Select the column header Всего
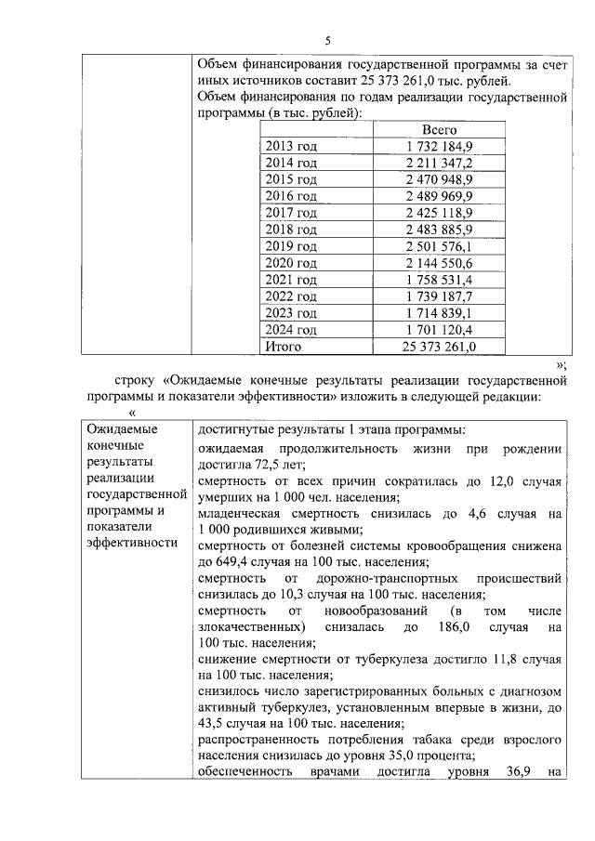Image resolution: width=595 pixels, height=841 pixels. click(439, 130)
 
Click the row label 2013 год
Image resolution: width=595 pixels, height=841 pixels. click(291, 147)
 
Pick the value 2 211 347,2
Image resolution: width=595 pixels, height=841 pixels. click(439, 164)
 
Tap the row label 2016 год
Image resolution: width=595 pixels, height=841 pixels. click(291, 196)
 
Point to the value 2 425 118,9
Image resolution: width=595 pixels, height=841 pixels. click(439, 213)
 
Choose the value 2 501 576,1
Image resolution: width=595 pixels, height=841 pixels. click(439, 246)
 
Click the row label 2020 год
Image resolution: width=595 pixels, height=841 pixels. click(291, 263)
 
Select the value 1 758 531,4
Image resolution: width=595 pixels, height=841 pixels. click(439, 280)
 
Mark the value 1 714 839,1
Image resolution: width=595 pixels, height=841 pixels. click(439, 312)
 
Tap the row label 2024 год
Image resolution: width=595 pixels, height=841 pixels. click(291, 329)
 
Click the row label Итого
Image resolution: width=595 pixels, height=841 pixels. click(284, 346)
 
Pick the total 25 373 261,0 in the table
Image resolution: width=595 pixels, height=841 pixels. click(439, 346)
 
